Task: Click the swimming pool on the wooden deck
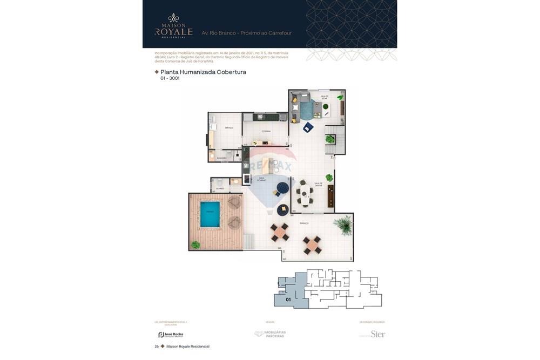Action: click(x=210, y=214)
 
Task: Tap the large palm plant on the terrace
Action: click(x=342, y=224)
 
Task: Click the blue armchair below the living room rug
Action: click(x=308, y=127)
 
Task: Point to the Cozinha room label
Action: click(x=266, y=131)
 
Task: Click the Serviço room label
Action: click(x=229, y=127)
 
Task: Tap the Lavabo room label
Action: click(x=220, y=188)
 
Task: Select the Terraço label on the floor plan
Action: click(x=304, y=223)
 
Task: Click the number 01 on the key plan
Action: click(x=288, y=300)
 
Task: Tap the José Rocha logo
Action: click(x=171, y=335)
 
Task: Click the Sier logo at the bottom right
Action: click(x=377, y=334)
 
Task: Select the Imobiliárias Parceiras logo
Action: click(x=271, y=334)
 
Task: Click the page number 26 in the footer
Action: click(x=156, y=347)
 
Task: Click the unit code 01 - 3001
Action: click(x=170, y=79)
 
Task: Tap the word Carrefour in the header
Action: click(x=279, y=33)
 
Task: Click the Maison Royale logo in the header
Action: click(x=173, y=26)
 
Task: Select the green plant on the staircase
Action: click(x=329, y=139)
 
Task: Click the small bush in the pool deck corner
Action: click(x=195, y=244)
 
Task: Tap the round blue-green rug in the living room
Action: click(x=306, y=111)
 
